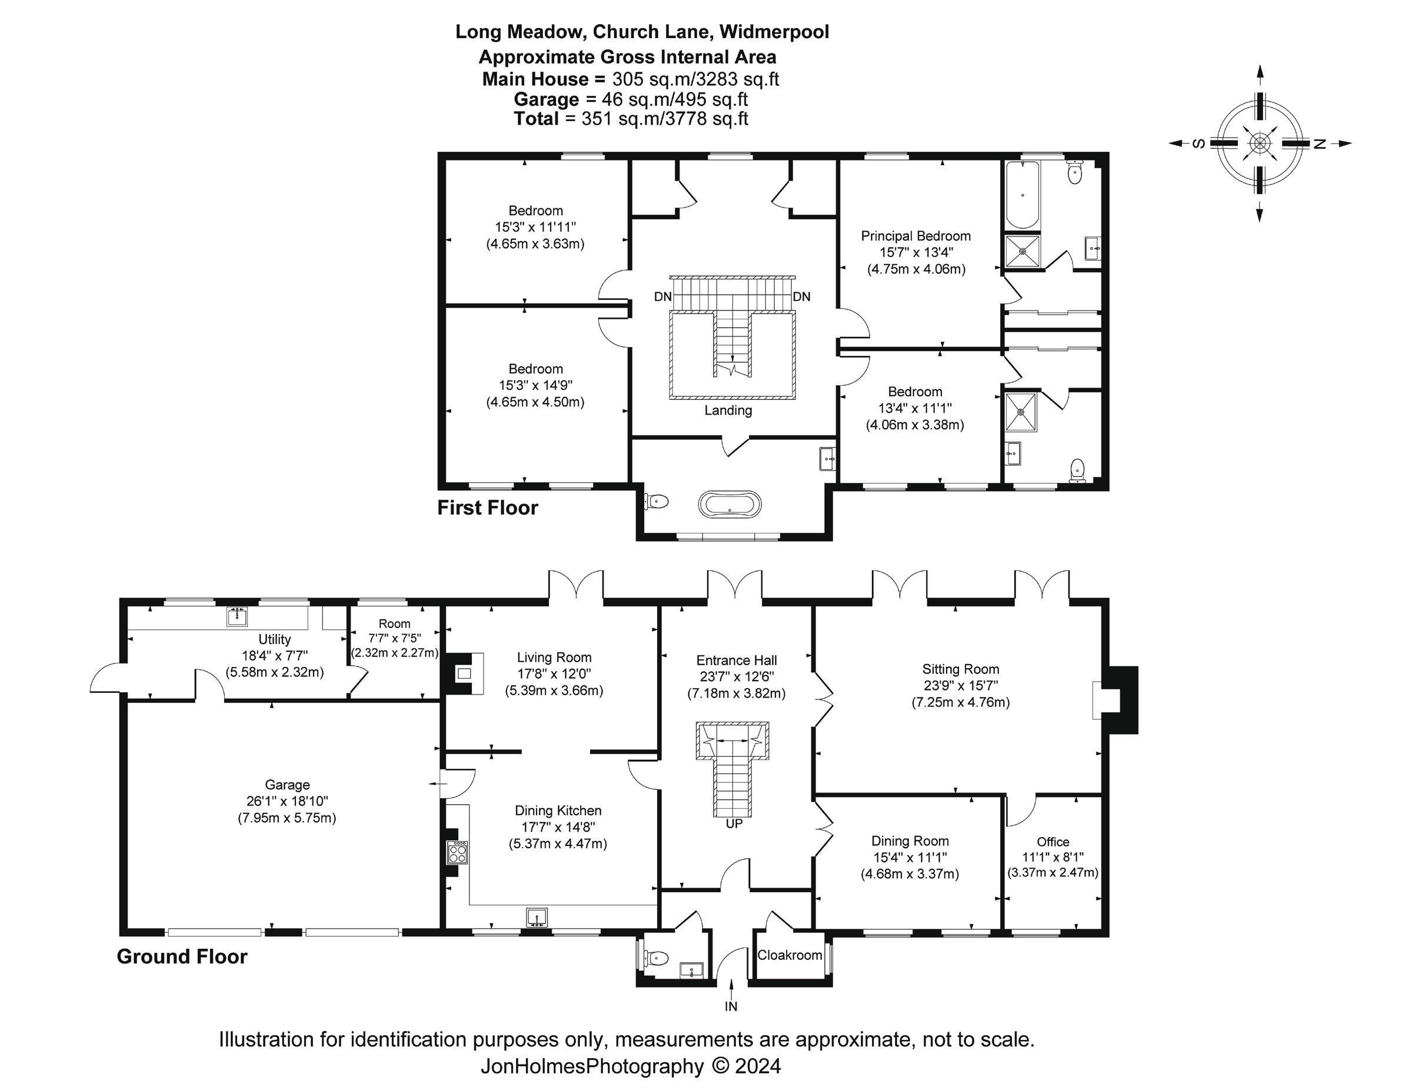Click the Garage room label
click(287, 785)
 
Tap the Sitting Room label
click(960, 669)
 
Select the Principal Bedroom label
click(915, 236)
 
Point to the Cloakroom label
click(790, 955)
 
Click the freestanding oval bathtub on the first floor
click(730, 503)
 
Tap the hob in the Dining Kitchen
click(458, 852)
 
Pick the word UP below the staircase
click(734, 824)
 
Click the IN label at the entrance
click(731, 1006)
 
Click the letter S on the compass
click(1198, 144)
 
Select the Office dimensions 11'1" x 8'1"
click(1053, 857)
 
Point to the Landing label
click(728, 411)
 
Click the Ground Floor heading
click(182, 956)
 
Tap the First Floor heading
click(488, 508)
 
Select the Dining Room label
click(910, 841)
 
